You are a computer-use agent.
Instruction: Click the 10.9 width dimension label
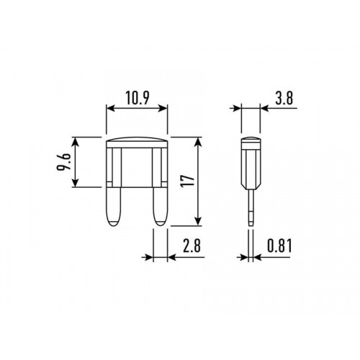click(137, 98)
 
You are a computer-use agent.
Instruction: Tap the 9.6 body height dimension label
click(64, 162)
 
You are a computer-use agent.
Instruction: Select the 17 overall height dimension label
click(188, 181)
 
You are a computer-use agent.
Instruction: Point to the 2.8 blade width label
click(192, 246)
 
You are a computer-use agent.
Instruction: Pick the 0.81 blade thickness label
click(279, 246)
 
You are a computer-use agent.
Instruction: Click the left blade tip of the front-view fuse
click(114, 225)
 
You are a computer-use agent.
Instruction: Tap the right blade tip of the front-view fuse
click(160, 225)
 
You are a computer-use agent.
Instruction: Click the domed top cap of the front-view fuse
click(137, 140)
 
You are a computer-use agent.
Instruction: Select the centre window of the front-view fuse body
click(137, 168)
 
